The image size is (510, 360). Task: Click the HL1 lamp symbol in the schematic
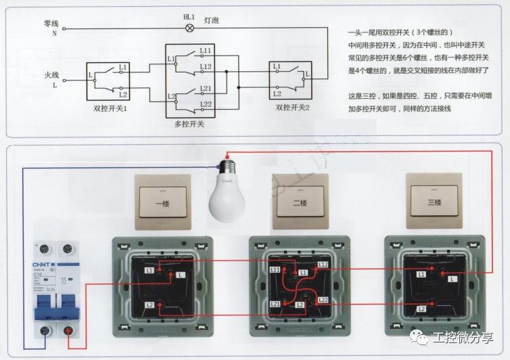pos(189,28)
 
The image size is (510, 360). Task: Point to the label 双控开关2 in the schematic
pos(293,108)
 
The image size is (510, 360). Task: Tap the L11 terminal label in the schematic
pos(206,51)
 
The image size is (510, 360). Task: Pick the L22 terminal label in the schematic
pos(206,103)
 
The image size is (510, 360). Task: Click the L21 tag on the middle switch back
pos(275,305)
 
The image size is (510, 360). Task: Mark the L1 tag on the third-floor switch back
pos(421,274)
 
